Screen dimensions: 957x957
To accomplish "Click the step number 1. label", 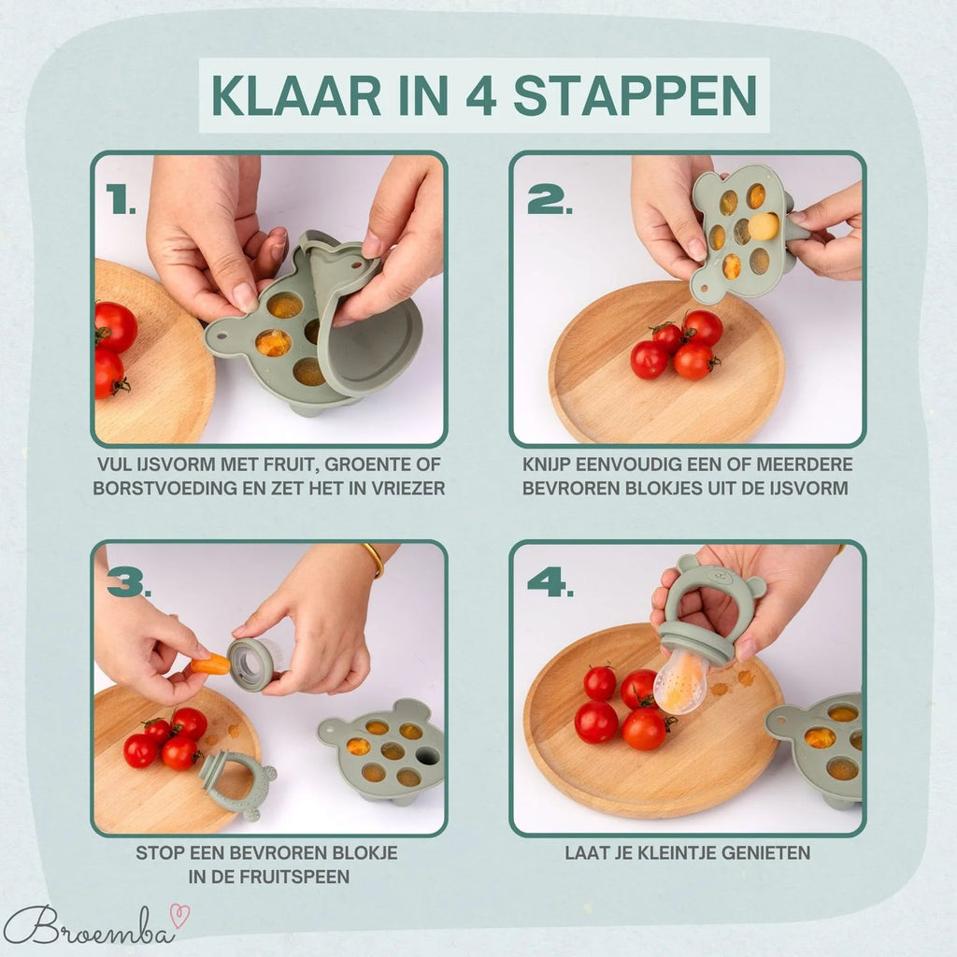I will click(121, 199).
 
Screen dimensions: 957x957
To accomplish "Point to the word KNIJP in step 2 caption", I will click(549, 464).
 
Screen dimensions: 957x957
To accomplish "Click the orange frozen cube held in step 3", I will click(211, 664).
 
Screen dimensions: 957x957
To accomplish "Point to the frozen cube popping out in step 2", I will click(763, 226).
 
